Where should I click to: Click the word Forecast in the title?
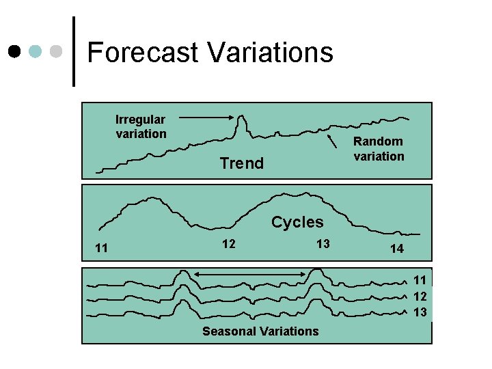[x=143, y=53]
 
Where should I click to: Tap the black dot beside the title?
[x=14, y=52]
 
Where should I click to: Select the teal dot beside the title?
[x=36, y=52]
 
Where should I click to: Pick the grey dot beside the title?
[x=57, y=52]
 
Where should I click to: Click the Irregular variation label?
[x=141, y=126]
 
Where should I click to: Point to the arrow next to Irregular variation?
[x=208, y=118]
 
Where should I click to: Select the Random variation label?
[x=379, y=148]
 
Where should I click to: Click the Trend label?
[x=241, y=163]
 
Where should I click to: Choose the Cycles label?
[x=297, y=222]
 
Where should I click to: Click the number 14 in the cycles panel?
[x=397, y=249]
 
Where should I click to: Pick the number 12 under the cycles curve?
[x=229, y=244]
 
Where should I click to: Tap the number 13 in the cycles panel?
[x=323, y=244]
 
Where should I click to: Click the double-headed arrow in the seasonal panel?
[x=248, y=275]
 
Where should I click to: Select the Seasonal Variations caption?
[x=260, y=331]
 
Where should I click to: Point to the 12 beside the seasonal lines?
[x=420, y=296]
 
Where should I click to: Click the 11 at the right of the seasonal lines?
[x=420, y=279]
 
